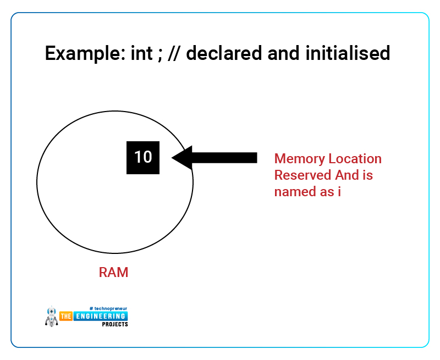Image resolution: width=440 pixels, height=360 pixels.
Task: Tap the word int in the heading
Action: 142,53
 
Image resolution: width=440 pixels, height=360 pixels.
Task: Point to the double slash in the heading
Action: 173,53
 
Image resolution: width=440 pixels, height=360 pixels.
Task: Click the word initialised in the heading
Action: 348,53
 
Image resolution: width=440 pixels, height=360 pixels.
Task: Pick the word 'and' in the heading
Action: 283,53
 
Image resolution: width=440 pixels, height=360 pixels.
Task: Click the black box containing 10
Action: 143,158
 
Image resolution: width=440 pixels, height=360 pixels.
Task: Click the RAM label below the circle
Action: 113,272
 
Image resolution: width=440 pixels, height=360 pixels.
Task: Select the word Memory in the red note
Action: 299,159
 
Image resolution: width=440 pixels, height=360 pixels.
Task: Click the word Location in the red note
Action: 355,159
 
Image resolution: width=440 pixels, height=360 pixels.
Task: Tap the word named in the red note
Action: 295,192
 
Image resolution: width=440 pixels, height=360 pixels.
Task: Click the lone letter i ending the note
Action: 339,191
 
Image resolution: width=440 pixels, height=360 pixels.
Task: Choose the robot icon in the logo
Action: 52,317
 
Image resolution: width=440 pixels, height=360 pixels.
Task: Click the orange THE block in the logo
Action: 66,316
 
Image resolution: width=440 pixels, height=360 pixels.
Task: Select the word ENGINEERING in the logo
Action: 101,316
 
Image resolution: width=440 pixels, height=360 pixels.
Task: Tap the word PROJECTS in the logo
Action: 115,324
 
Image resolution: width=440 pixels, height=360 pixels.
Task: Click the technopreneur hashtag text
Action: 108,308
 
